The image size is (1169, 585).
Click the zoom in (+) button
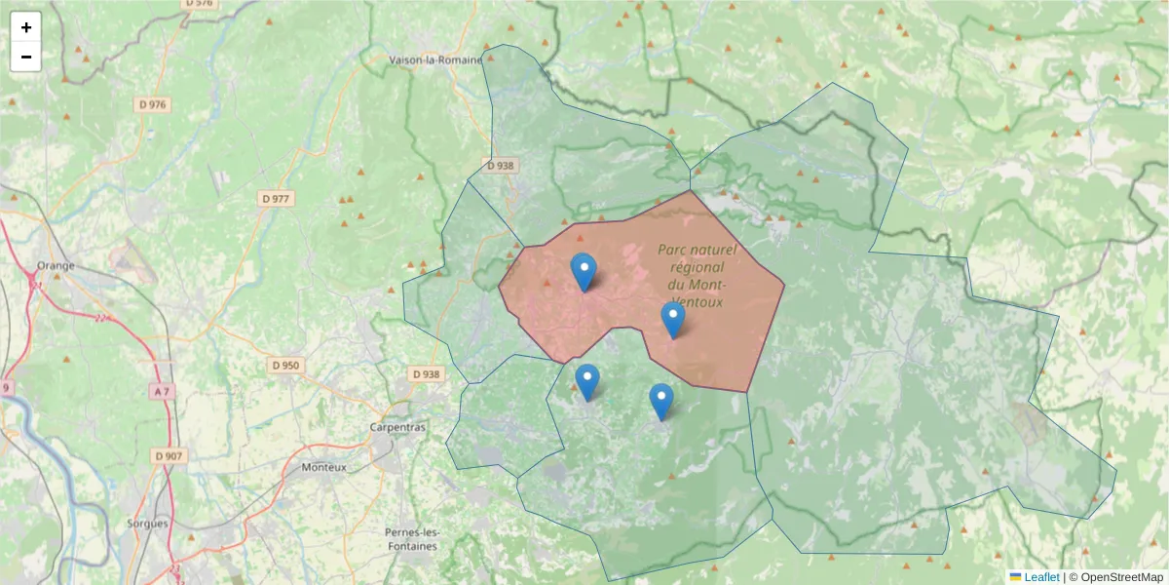(x=26, y=27)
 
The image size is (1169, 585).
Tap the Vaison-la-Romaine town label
(x=435, y=59)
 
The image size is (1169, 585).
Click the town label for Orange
(x=56, y=265)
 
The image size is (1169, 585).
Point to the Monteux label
(x=323, y=467)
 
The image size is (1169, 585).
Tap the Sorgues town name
(x=148, y=523)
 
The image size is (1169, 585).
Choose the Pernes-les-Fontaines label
(x=412, y=539)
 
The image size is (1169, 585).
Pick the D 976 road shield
(x=153, y=104)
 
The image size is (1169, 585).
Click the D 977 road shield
(x=277, y=199)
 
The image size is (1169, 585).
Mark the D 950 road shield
(x=285, y=366)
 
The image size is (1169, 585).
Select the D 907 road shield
(x=168, y=455)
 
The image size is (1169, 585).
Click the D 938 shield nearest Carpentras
(x=426, y=373)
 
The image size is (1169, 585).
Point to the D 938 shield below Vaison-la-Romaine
(x=499, y=166)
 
